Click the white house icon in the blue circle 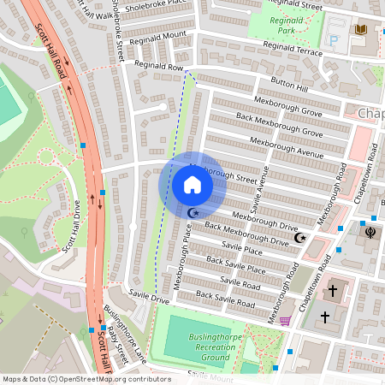192,185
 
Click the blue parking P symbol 333,39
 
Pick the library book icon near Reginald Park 360,30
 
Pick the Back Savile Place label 234,264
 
